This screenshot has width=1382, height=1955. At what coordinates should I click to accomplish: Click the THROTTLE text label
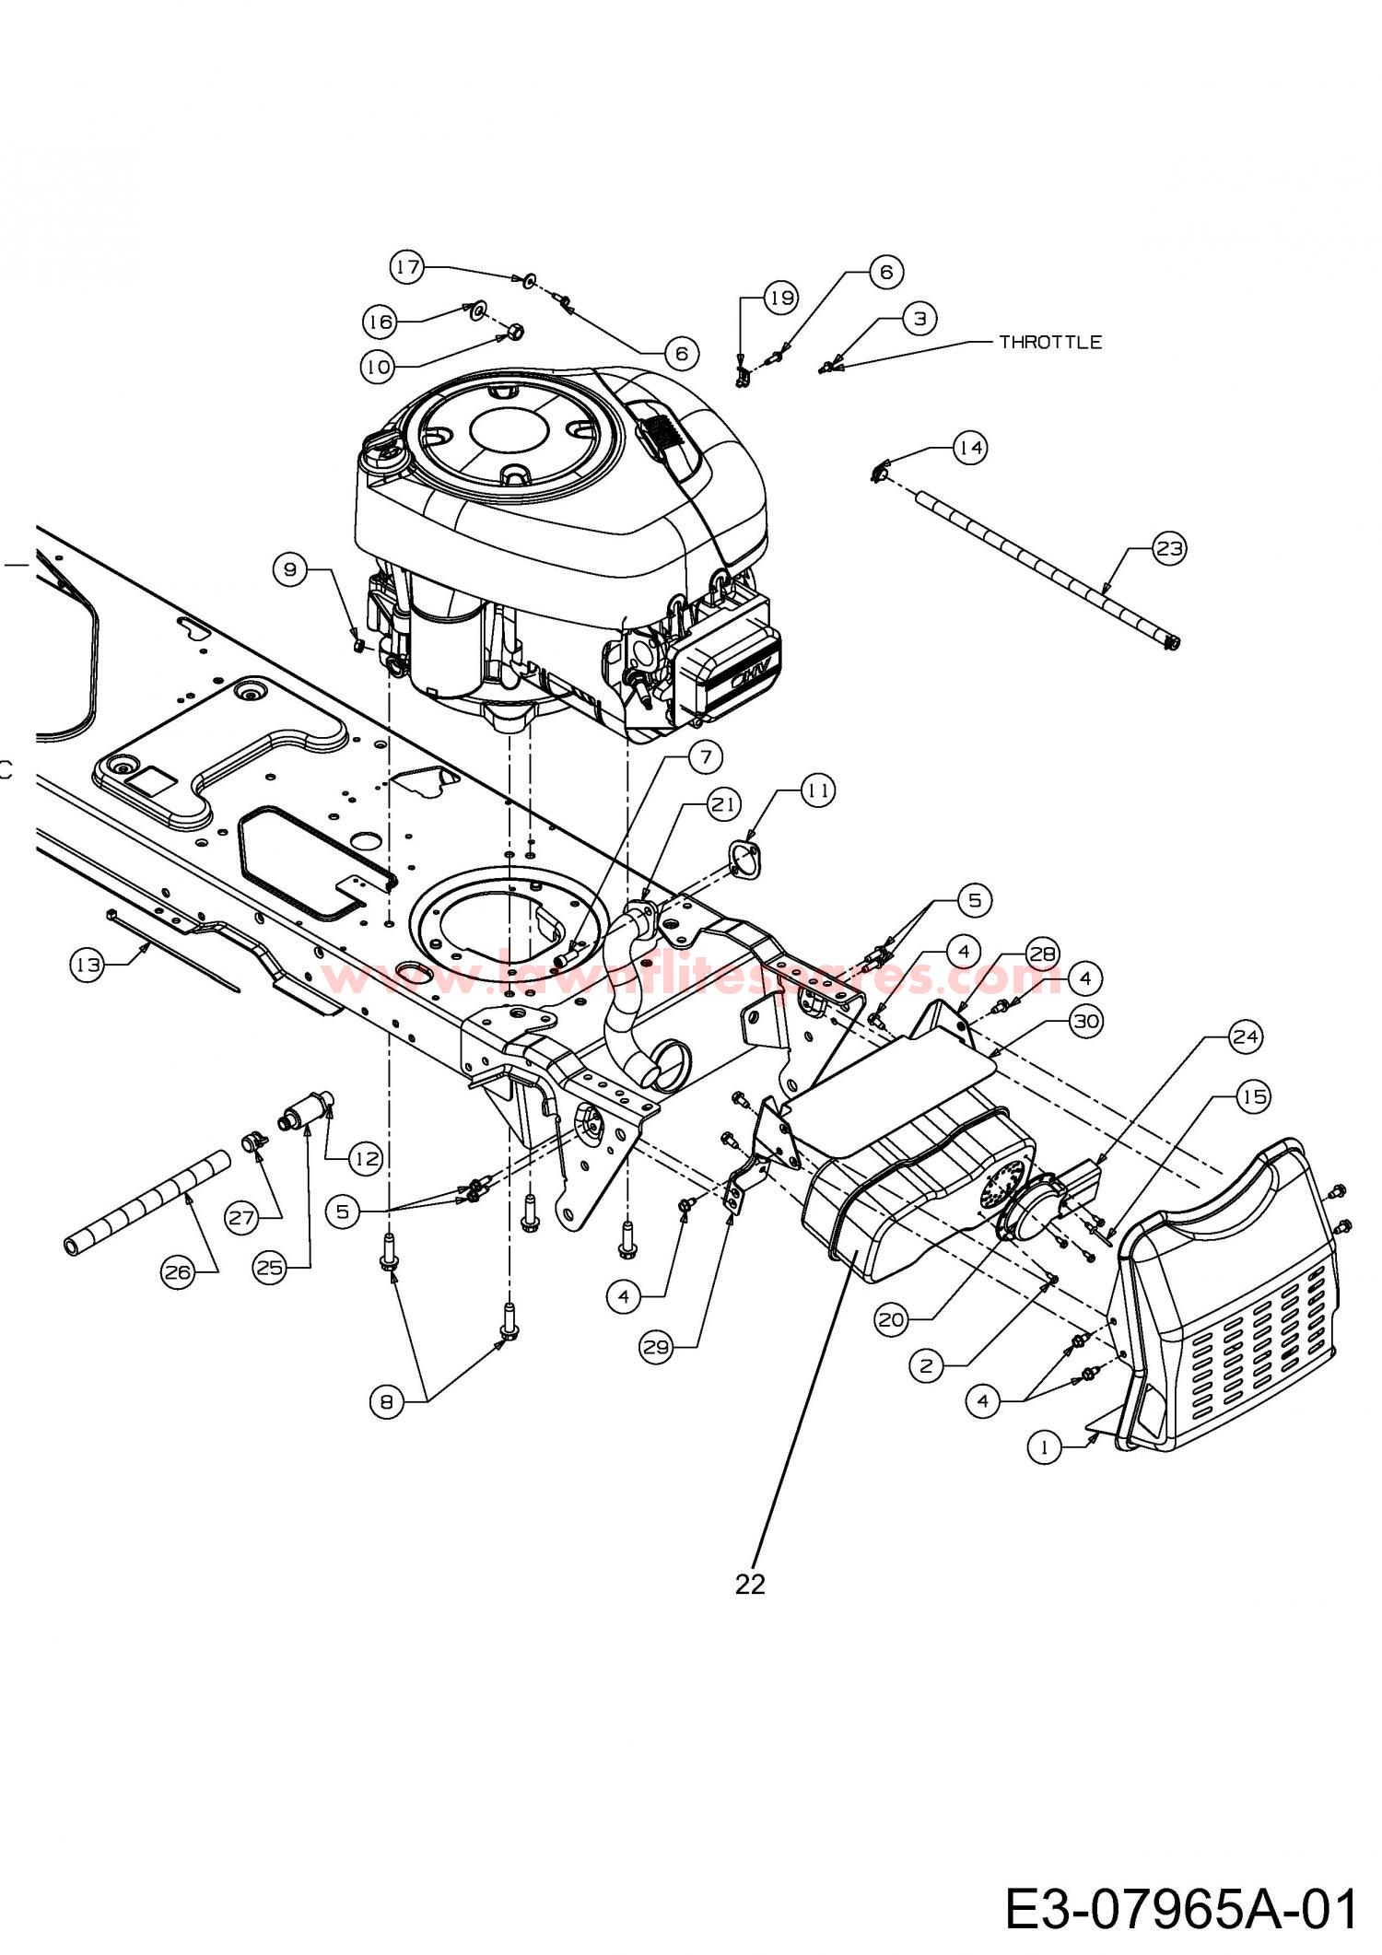click(x=1050, y=342)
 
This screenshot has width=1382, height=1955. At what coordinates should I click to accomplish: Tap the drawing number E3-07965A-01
click(x=1180, y=1908)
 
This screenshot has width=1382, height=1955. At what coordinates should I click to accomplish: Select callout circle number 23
click(x=1169, y=548)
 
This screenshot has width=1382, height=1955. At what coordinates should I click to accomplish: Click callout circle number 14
click(x=969, y=448)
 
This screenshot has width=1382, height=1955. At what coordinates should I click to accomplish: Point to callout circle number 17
click(x=408, y=268)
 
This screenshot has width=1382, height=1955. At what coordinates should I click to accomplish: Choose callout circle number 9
click(x=290, y=570)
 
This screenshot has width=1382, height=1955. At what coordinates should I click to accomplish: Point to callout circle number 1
click(x=1044, y=1447)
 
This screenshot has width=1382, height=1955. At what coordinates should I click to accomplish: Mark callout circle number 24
click(x=1245, y=1037)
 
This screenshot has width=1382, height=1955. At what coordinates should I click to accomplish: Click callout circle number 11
click(x=818, y=790)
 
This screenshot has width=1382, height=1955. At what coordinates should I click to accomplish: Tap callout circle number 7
click(x=706, y=757)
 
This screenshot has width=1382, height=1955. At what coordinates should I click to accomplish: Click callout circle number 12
click(x=368, y=1158)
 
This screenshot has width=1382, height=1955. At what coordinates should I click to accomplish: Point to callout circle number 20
click(x=891, y=1319)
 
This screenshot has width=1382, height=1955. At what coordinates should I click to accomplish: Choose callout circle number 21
click(x=723, y=804)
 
